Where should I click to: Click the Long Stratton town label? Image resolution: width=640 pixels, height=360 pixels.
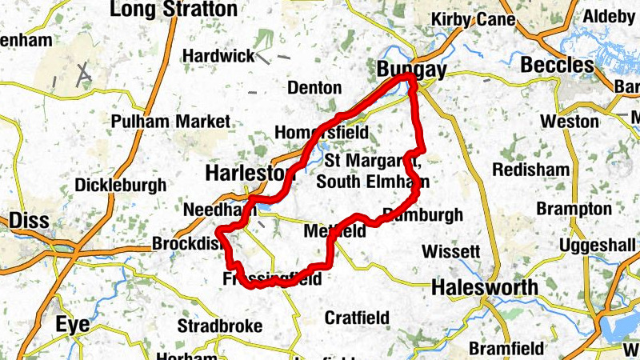(174, 10)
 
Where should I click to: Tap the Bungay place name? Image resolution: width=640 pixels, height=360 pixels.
(411, 70)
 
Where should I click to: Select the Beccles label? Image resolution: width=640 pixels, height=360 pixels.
(558, 65)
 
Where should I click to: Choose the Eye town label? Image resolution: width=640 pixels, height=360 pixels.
(73, 323)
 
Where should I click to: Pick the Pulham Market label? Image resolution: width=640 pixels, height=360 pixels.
(170, 122)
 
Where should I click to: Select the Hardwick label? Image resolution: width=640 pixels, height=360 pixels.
(218, 56)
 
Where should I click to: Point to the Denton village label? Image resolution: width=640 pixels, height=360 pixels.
(314, 87)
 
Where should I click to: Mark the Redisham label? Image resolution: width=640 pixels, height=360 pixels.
(530, 170)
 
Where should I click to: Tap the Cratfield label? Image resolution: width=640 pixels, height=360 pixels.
(357, 318)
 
